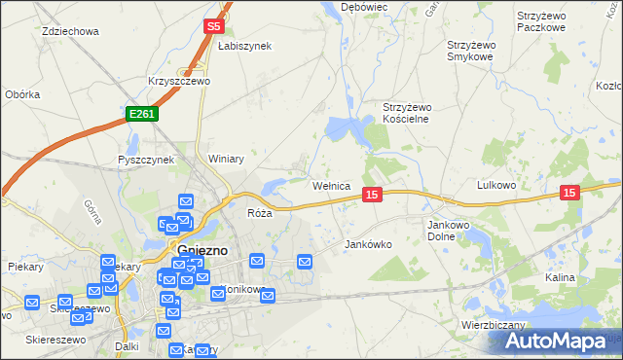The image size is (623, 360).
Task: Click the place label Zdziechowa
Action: [x=71, y=31]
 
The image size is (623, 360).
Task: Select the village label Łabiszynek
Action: [x=244, y=46]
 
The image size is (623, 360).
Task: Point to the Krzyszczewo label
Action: [x=179, y=82]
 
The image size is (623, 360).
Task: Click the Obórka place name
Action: [x=22, y=94]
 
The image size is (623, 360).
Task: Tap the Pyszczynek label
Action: [x=145, y=160]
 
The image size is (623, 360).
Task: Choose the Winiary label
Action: [x=225, y=158]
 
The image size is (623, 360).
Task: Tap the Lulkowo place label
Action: [x=495, y=184]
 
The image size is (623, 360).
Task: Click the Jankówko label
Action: [x=368, y=245]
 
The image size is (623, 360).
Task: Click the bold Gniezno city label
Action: [x=203, y=250]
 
